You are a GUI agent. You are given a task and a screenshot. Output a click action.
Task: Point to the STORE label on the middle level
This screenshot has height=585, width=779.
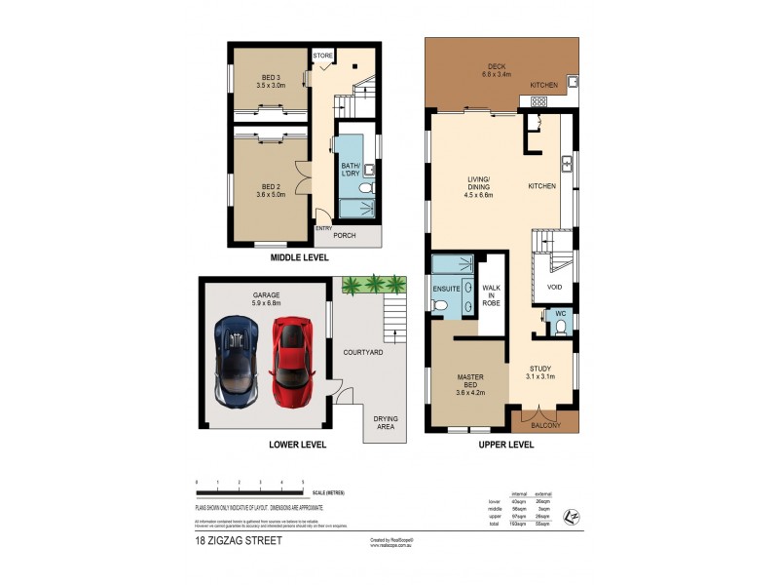click(x=323, y=56)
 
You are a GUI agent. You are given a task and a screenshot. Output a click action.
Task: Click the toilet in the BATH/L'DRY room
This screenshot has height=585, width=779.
click(x=365, y=188)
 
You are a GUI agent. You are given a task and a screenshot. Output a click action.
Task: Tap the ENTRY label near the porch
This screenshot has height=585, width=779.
click(x=322, y=228)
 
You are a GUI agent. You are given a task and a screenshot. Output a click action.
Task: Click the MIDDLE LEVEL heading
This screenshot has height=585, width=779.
click(x=299, y=258)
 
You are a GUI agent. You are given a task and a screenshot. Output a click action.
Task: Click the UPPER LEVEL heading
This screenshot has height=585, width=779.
click(x=505, y=445)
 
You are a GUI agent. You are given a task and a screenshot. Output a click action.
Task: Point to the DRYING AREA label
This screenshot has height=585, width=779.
click(x=386, y=421)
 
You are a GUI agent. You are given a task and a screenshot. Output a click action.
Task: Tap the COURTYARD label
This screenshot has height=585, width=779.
click(x=362, y=351)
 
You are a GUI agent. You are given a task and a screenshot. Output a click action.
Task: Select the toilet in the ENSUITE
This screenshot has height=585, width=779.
click(x=441, y=306)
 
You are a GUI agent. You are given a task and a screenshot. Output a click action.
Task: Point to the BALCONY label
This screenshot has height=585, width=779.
click(x=545, y=426)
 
